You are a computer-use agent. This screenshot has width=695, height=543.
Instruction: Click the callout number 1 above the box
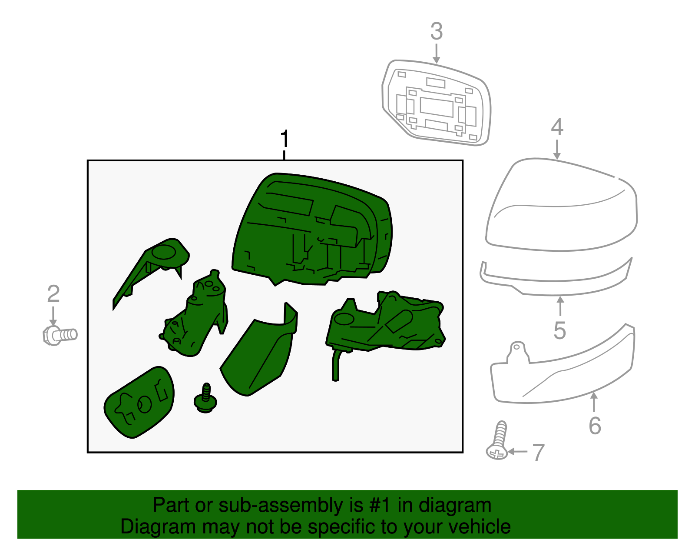285,139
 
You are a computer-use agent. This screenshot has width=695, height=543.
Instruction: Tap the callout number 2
53,294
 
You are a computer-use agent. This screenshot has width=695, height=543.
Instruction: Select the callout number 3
437,31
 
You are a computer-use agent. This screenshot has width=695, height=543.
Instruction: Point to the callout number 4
557,127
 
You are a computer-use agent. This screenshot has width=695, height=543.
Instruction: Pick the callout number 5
560,330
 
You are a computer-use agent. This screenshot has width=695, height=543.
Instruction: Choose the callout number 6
595,426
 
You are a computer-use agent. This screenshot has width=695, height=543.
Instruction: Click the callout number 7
538,453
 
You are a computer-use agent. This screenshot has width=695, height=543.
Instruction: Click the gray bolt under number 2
60,335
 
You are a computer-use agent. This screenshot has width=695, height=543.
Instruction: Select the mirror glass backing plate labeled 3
437,103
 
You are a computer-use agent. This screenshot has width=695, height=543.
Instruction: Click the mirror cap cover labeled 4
561,205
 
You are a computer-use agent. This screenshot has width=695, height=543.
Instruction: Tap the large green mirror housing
312,230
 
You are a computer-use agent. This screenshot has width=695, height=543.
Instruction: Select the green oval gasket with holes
139,402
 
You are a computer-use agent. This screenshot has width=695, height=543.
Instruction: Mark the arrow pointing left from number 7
517,452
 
